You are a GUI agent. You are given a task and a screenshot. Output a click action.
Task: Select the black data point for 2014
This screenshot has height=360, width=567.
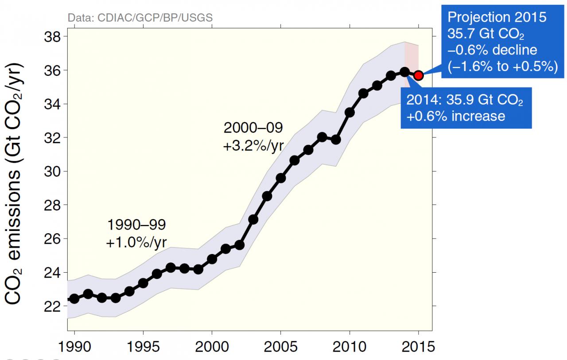[x=404, y=72]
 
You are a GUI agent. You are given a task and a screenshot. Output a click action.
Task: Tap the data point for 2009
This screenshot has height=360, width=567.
[x=336, y=140]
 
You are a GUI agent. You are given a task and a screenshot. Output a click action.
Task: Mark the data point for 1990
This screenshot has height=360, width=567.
[x=74, y=298]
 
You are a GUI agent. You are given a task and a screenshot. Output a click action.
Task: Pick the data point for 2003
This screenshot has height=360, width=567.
[x=253, y=219]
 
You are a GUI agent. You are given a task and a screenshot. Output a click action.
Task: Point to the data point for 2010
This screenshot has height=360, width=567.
[x=350, y=112]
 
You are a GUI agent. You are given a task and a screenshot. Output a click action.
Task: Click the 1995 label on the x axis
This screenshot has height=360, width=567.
[x=143, y=346]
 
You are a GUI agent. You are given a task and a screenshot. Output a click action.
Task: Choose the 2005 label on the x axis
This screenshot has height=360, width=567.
[x=280, y=346]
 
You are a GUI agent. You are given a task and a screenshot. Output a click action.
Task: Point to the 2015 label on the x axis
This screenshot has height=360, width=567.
[x=418, y=346]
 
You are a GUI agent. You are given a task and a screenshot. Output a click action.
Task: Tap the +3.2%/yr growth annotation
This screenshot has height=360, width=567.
[x=253, y=145]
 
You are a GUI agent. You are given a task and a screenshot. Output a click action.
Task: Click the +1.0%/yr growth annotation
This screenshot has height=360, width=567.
[x=137, y=242]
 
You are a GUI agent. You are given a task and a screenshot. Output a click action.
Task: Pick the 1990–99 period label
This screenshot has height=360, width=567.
[x=136, y=225]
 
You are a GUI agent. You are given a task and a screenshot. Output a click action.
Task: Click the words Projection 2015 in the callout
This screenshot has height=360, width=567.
[x=497, y=17]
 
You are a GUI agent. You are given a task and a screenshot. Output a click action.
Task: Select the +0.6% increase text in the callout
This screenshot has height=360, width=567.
[x=456, y=116]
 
